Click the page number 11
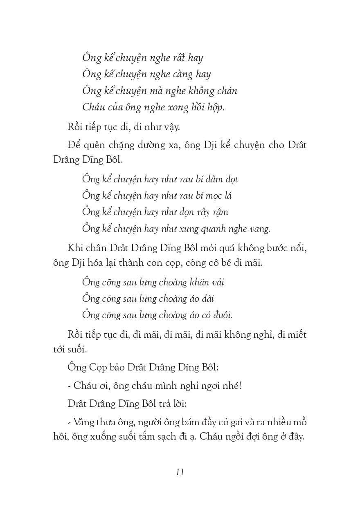pos(180,472)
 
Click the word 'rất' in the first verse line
pos(178,58)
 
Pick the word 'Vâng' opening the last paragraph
pos(82,422)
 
